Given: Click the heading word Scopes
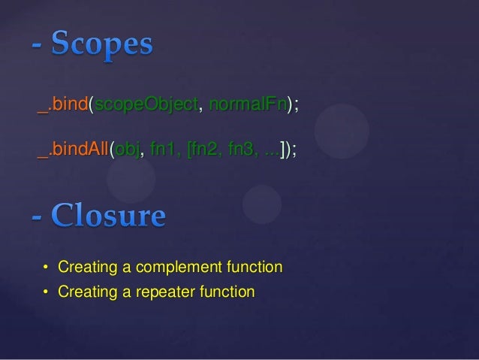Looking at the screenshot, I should point(103,45).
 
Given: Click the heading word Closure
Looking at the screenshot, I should point(109,216).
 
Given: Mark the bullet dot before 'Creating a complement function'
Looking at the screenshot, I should point(45,268).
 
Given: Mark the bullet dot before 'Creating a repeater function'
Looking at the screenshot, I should point(45,292).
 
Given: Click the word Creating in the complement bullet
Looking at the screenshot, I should point(82,267).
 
